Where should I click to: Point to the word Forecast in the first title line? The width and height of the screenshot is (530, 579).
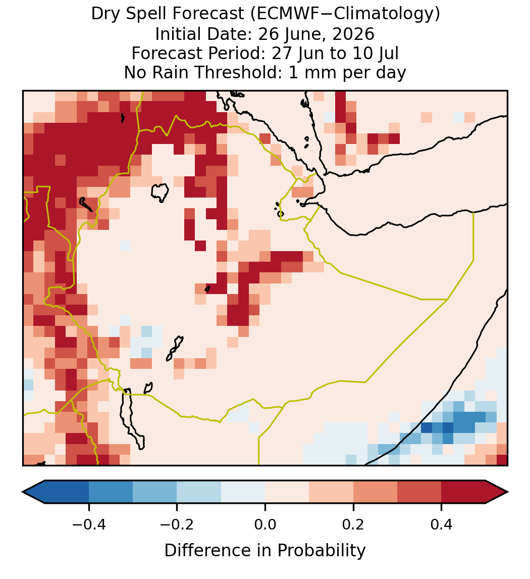208,14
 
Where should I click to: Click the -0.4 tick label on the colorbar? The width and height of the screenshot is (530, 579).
89,524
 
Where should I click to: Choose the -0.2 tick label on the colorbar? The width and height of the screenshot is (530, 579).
177,524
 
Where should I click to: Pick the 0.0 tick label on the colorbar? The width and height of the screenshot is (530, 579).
265,524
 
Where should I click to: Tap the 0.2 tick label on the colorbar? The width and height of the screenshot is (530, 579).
353,524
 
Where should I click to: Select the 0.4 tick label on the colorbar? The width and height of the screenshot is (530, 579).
442,524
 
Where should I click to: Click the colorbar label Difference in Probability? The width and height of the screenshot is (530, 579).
265,551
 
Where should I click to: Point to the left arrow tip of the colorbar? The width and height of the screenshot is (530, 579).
23,492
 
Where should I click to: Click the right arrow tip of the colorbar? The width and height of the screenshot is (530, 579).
508,492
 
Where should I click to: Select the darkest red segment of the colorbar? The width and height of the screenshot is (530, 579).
463,492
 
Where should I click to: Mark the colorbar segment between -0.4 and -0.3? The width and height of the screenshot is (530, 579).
111,492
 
